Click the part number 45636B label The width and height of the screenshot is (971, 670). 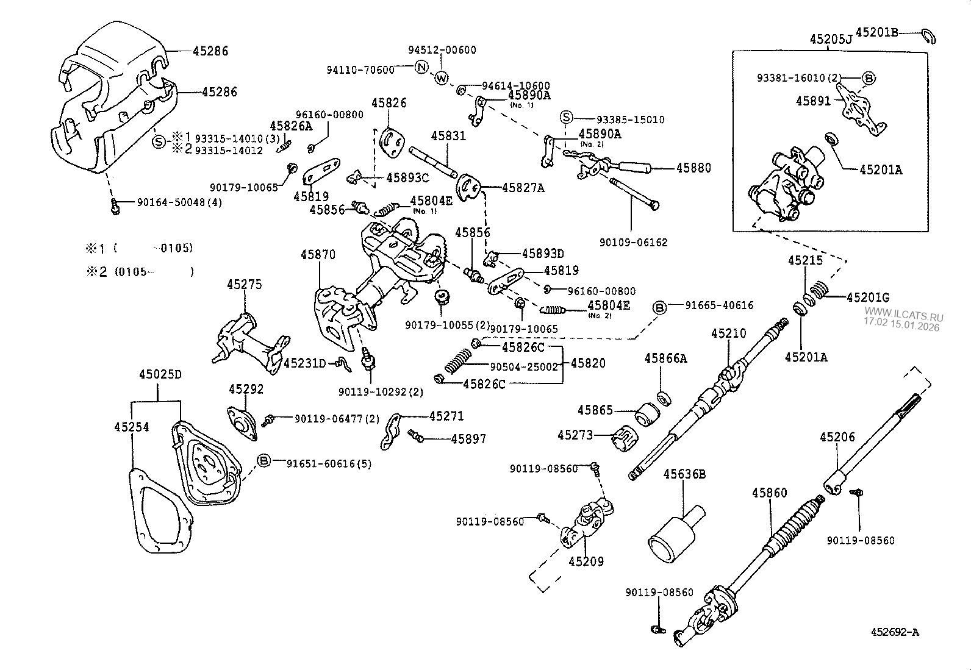(684, 474)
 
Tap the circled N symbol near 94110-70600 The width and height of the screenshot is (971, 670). (421, 68)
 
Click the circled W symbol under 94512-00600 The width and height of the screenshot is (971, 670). (442, 77)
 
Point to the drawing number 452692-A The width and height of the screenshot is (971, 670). (894, 632)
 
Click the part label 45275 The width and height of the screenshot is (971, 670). (245, 284)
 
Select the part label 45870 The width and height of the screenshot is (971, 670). (317, 254)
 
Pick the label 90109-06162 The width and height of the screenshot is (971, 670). (633, 242)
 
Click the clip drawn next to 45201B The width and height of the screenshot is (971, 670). (930, 37)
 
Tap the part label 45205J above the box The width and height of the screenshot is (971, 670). (831, 40)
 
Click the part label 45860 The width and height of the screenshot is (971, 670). (769, 493)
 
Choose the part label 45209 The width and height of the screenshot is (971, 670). (586, 561)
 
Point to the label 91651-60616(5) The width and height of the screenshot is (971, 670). (329, 463)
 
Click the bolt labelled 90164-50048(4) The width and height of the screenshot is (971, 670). (115, 207)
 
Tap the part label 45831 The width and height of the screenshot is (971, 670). (448, 136)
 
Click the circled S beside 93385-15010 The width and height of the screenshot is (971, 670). (566, 118)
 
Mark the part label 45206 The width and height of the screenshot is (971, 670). (837, 437)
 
